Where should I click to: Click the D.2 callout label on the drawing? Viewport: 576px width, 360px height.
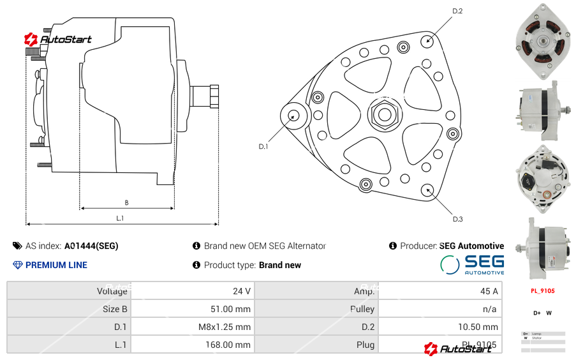coord(457,11)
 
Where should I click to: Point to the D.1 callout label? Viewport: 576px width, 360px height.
coord(263,146)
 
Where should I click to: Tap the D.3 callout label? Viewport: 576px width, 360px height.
coord(457,219)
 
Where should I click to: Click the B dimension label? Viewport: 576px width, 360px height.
coord(126,203)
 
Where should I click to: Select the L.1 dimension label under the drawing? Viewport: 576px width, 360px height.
coord(120,218)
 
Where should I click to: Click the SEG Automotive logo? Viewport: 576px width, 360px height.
coord(472,264)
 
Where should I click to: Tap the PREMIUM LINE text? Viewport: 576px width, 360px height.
coord(56,265)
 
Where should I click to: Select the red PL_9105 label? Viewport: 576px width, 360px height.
coord(542,290)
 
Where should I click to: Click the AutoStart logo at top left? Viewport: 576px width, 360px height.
coord(58,40)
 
